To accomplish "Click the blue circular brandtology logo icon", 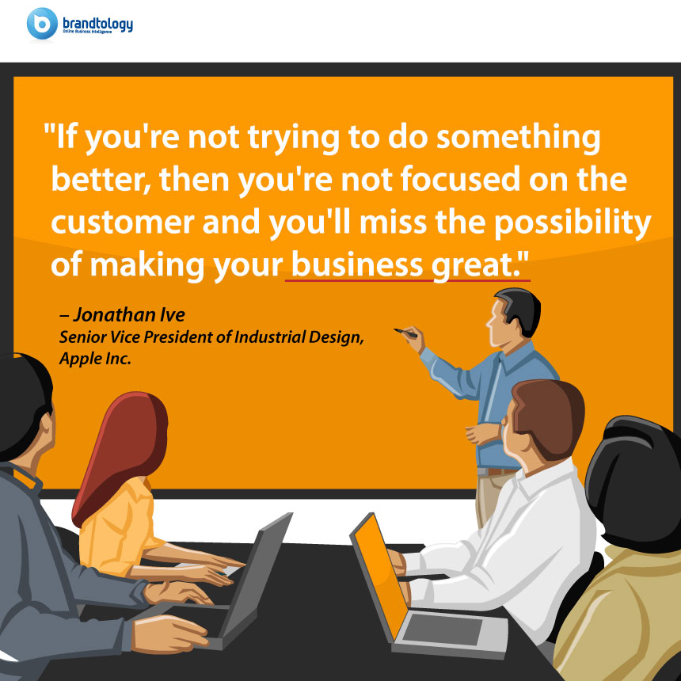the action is click(42, 24).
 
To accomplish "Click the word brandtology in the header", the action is click(97, 24).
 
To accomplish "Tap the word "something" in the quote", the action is click(518, 138).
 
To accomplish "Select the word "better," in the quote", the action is click(101, 179).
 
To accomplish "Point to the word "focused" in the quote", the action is click(460, 178).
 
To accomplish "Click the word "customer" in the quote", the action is click(123, 222).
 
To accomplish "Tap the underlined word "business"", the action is click(356, 264).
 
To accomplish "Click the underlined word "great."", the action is click(480, 265).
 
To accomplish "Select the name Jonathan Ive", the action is click(128, 315).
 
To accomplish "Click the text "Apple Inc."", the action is click(95, 359).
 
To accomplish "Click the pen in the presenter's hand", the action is click(405, 333).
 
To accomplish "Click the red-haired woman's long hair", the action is click(124, 451).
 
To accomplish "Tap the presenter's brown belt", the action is click(500, 472).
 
